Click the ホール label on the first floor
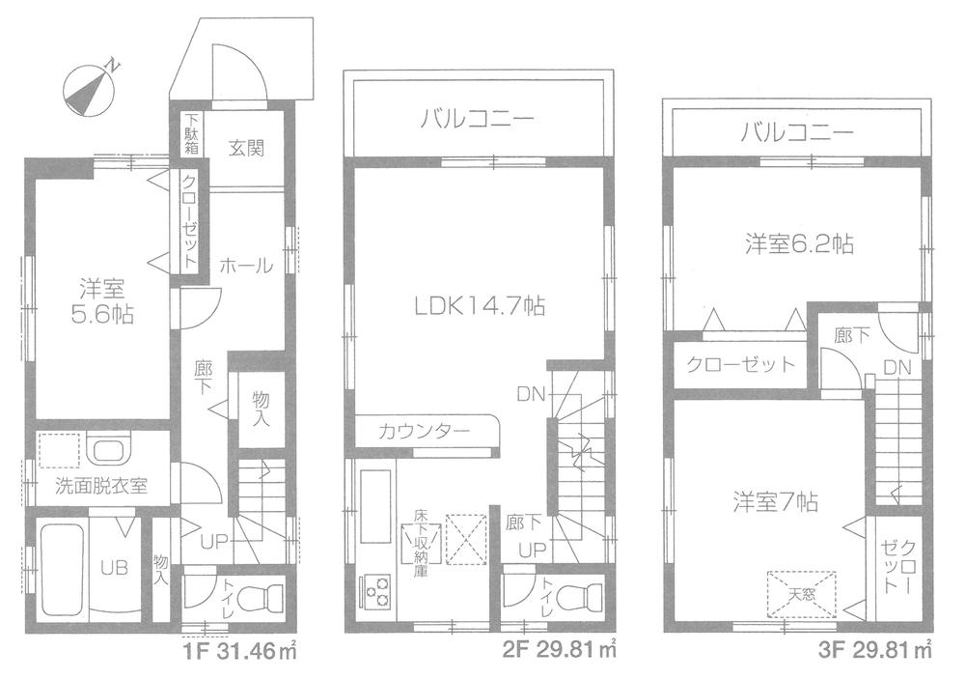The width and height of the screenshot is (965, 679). click(x=246, y=266)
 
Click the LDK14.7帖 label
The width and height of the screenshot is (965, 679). click(x=480, y=307)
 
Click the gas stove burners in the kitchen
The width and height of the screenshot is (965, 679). click(x=376, y=590)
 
